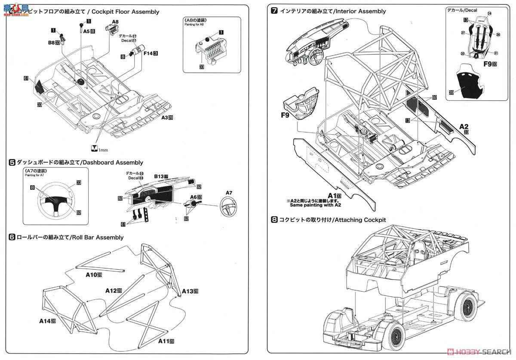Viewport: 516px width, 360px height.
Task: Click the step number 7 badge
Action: point(274,11)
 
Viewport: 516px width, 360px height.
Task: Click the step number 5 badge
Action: point(12,162)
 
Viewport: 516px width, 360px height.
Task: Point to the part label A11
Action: point(166,341)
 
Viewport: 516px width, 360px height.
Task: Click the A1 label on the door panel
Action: point(334,196)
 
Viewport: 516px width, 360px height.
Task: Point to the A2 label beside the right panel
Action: point(464,126)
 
